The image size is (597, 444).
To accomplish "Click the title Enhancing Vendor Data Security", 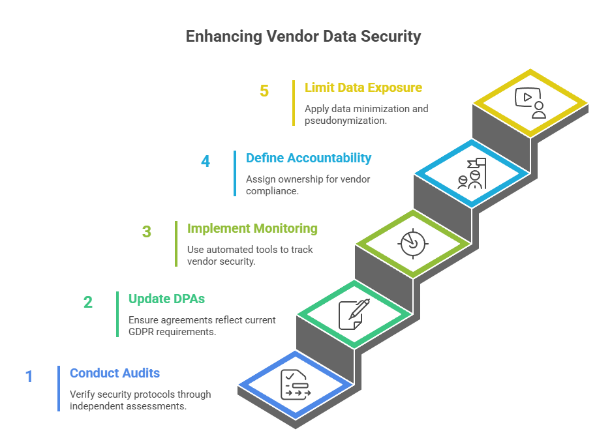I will click(x=303, y=37).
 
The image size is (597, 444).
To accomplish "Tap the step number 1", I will click(x=29, y=376).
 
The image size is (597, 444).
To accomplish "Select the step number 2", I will click(x=87, y=302).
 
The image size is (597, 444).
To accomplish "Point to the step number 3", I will click(x=147, y=231).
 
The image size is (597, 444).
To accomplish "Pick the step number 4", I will click(x=206, y=160).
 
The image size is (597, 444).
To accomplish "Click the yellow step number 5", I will click(x=264, y=91).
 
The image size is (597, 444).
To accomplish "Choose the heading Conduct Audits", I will click(x=115, y=373).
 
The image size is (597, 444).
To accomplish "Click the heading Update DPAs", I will click(x=166, y=299).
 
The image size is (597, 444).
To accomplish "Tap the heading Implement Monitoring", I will click(x=253, y=228).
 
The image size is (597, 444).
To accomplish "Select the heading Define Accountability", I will click(x=309, y=158).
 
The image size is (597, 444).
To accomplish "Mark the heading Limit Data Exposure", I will click(x=363, y=87).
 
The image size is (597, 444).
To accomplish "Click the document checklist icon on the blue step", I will click(x=295, y=385).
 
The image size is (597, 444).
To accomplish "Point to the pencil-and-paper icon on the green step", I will click(x=354, y=314).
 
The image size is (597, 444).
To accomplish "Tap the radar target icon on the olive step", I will click(x=412, y=244).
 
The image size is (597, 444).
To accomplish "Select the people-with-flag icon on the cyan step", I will click(x=471, y=173).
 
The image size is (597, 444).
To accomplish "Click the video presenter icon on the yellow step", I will click(x=530, y=102).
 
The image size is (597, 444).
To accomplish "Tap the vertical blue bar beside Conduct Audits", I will click(x=59, y=388).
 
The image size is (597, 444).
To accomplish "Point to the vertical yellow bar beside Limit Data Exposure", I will click(x=294, y=103).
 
